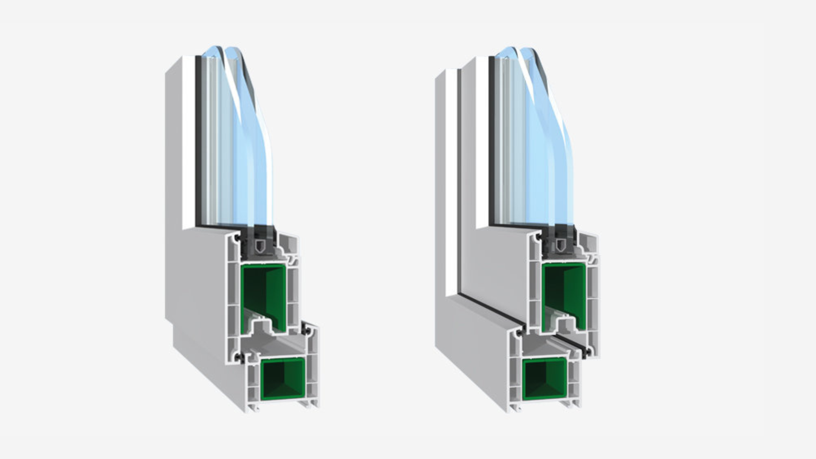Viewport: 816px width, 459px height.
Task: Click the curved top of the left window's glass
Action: (x=225, y=53)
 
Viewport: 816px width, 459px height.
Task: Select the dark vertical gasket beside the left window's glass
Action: (x=198, y=140)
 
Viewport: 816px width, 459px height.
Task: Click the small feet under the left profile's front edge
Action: (x=254, y=408)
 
